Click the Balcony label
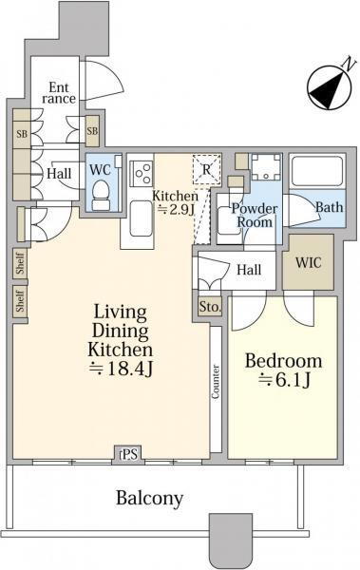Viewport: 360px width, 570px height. tap(149, 498)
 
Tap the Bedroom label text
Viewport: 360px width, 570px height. tap(284, 361)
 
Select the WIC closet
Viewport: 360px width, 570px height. tap(308, 262)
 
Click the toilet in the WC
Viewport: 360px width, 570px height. tap(101, 195)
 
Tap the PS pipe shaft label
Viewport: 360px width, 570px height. tap(129, 454)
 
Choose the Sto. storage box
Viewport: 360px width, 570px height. tap(210, 307)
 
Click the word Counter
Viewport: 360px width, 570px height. tap(216, 382)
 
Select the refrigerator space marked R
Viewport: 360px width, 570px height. tap(206, 169)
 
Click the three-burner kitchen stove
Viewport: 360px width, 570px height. tap(142, 174)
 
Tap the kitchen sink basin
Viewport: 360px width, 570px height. tap(141, 218)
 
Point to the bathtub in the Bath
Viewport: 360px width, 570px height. tap(317, 171)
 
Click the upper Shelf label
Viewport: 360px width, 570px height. tap(20, 263)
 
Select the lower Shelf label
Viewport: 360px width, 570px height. tap(20, 301)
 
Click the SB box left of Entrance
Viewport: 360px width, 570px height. tap(22, 134)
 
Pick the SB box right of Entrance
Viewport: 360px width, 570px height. tap(92, 131)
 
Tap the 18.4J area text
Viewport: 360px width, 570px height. tap(121, 369)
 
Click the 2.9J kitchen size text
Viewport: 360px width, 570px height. tap(174, 210)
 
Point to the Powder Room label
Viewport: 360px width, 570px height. tap(255, 216)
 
